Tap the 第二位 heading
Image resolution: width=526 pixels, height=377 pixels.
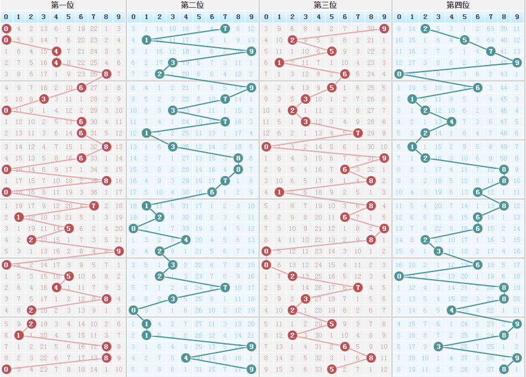tap(192, 5)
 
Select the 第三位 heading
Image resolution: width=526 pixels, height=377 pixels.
tap(325, 5)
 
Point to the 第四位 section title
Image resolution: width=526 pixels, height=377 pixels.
tap(458, 5)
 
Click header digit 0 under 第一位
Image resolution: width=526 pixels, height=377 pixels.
tap(6, 17)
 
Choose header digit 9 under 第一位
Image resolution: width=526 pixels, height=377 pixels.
tap(119, 17)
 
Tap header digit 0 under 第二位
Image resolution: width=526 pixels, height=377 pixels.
tap(133, 17)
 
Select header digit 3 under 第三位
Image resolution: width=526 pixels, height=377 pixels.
tap(306, 17)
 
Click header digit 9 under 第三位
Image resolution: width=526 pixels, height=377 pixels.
tap(384, 17)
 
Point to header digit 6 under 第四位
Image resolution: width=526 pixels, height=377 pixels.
tap(478, 17)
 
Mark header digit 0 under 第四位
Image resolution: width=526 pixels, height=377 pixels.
tap(399, 17)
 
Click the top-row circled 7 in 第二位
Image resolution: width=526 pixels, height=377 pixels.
tap(225, 29)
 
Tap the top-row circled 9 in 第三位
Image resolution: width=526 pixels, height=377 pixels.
tap(384, 29)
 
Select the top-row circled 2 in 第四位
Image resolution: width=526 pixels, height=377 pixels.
tap(425, 29)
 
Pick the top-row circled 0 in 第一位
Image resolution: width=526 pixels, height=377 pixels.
tap(6, 29)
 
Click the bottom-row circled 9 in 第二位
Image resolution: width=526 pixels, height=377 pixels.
tap(251, 369)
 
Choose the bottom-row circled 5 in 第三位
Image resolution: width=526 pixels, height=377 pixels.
tap(332, 369)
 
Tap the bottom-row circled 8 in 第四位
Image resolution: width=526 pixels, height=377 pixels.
tap(504, 369)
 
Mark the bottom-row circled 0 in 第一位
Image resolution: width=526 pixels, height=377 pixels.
tap(6, 369)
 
